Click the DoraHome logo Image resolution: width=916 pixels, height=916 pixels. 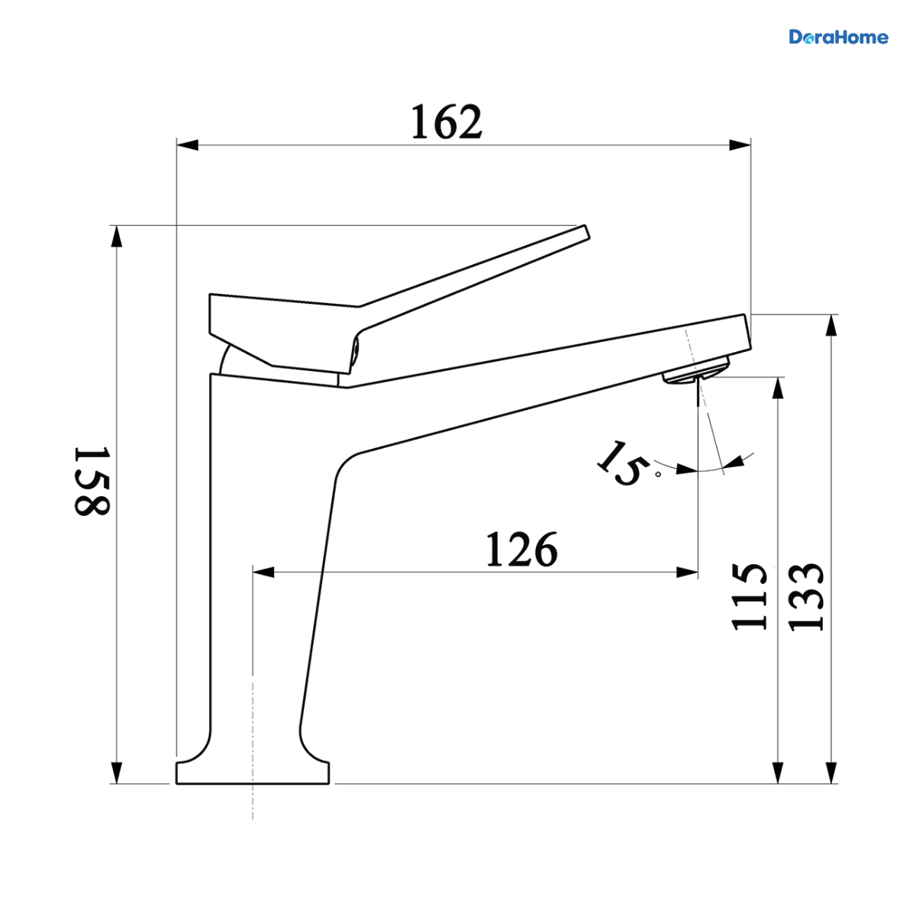point(838,37)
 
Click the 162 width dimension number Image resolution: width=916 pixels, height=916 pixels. point(446,121)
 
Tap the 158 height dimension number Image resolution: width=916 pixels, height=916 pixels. point(92,481)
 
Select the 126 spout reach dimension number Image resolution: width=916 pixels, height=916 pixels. point(521,550)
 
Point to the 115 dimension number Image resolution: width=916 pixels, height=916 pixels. point(749,597)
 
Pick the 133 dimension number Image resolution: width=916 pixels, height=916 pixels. point(805,597)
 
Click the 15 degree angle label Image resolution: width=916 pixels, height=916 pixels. point(623,463)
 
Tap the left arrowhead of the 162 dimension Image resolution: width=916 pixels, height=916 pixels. point(187,146)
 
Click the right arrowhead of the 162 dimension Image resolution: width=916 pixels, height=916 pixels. point(740,146)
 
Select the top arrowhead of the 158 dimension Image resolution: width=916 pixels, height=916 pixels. point(117,236)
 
